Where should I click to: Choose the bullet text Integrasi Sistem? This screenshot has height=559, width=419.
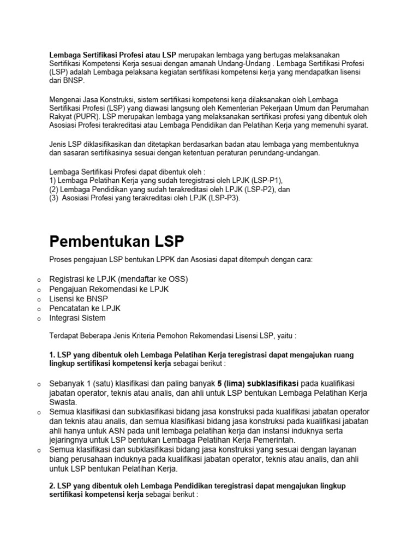[x=77, y=318]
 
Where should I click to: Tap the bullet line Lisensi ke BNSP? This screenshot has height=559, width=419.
[x=78, y=299]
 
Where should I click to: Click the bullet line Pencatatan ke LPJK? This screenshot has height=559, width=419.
[x=85, y=308]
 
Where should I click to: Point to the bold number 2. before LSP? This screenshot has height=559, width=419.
[x=52, y=485]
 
